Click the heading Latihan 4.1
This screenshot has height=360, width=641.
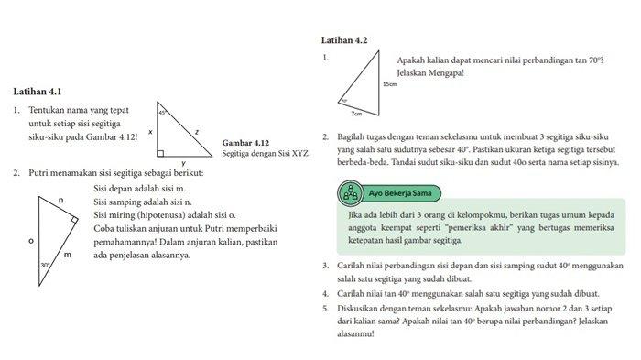(x=38, y=92)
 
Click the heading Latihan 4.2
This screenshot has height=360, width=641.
(x=344, y=40)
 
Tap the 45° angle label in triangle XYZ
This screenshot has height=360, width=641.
(x=162, y=112)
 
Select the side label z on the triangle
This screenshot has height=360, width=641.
(x=196, y=132)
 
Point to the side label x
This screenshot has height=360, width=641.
(x=150, y=132)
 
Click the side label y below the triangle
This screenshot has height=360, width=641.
(x=183, y=163)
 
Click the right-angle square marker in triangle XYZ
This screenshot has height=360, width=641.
(x=161, y=152)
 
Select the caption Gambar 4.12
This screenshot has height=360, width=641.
(x=244, y=143)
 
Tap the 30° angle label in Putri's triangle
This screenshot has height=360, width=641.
(x=45, y=265)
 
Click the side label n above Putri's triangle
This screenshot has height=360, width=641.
(x=60, y=200)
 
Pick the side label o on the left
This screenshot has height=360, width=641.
(x=31, y=241)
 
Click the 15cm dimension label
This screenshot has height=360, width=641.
(x=390, y=84)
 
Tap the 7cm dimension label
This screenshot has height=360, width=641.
(x=356, y=115)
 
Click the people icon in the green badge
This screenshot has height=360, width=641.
(x=348, y=193)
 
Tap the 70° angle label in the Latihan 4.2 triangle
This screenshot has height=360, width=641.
(x=344, y=102)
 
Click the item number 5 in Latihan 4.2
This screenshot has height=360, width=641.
(x=326, y=307)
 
